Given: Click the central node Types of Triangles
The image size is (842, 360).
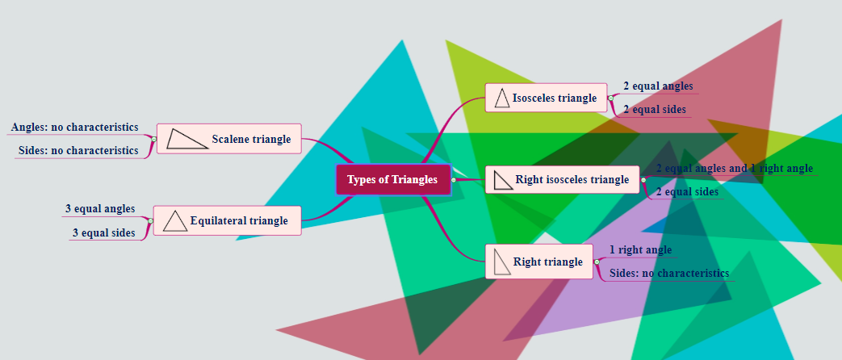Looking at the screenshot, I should [x=392, y=179].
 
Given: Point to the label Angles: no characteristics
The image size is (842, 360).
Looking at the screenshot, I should [x=74, y=128].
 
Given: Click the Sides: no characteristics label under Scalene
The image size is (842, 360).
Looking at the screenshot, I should [x=78, y=150].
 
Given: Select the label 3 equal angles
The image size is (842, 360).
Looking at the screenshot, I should [x=100, y=209].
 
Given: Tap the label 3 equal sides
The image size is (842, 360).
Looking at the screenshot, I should [x=103, y=232].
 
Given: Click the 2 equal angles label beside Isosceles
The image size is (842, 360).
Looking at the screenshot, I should [x=657, y=86].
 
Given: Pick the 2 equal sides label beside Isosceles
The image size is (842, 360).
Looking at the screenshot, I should [x=654, y=109].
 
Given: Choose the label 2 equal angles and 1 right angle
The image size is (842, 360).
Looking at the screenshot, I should [x=734, y=168].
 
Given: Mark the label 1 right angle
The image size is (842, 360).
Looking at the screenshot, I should [x=640, y=249].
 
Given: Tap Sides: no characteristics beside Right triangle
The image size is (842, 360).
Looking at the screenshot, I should [x=668, y=273].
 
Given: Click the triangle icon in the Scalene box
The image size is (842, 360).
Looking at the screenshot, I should [x=186, y=139].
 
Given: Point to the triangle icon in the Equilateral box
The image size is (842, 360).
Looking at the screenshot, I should [x=175, y=220].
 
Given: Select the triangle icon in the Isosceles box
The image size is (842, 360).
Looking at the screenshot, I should [x=502, y=98].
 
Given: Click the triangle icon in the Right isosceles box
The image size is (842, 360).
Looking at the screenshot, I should [x=504, y=179].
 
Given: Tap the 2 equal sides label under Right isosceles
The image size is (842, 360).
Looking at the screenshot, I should [x=686, y=191].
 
